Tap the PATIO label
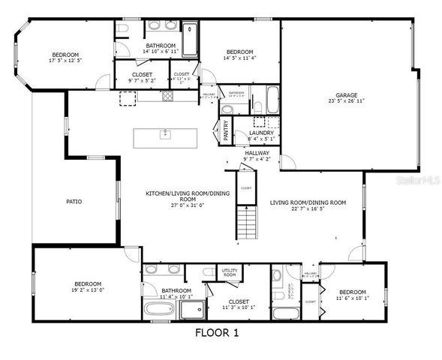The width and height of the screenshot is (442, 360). coord(74,202)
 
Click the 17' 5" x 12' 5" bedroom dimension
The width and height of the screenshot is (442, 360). coord(66,60)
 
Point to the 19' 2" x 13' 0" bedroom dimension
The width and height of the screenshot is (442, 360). coord(67,289)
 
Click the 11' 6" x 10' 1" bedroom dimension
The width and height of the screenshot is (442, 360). coord(351,298)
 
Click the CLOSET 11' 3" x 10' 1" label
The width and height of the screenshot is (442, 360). coord(239,304)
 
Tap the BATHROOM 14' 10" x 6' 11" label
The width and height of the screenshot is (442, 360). coord(161,48)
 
